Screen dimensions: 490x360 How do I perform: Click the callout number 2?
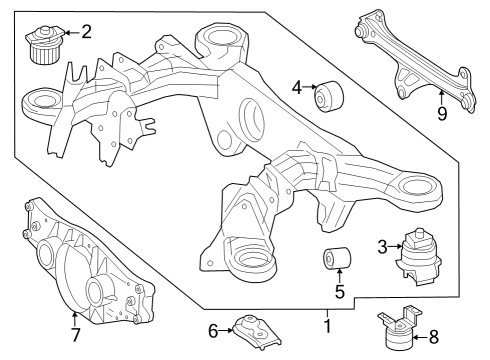pos(86,32)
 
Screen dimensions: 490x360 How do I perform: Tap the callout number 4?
pos(297,87)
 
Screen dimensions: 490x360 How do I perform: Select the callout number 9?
pos(442,114)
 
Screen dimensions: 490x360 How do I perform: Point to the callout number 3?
pos(382,247)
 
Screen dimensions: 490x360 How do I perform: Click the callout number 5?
pos(339,292)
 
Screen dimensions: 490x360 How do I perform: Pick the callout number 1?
pos(328,326)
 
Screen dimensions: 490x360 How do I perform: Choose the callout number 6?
pos(213,331)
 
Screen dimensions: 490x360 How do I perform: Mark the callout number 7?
pos(75,335)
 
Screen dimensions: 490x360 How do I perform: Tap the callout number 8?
pos(434,337)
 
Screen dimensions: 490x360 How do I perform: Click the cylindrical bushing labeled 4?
pos(329,96)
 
